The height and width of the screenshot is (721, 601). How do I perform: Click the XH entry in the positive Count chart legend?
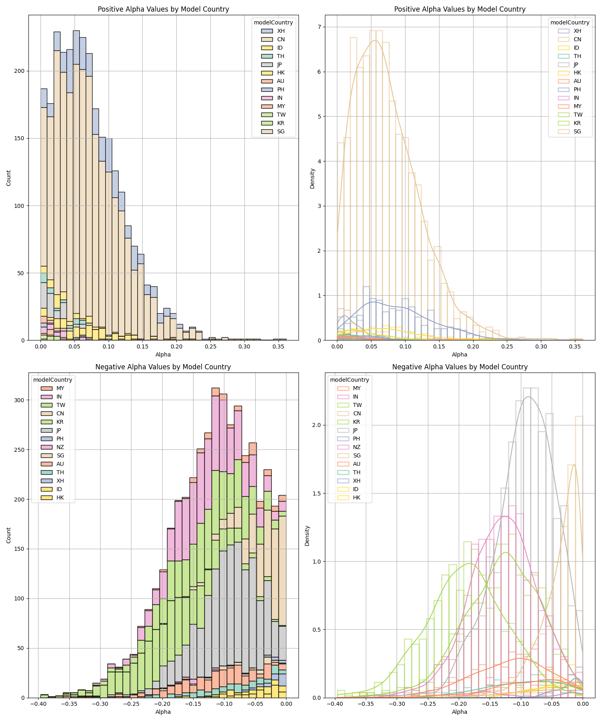[x=280, y=31]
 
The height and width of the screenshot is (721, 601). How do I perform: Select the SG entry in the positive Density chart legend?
[x=577, y=131]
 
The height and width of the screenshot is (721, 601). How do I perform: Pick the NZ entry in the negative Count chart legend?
[x=60, y=447]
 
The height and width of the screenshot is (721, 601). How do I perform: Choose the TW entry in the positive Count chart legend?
[x=280, y=115]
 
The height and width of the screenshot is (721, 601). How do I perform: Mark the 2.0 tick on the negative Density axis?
[x=317, y=425]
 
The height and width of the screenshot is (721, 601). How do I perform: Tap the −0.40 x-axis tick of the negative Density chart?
[x=334, y=703]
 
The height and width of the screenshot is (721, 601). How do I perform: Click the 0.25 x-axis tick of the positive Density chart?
[x=507, y=346]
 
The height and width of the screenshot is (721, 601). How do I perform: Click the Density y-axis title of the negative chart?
[x=307, y=536]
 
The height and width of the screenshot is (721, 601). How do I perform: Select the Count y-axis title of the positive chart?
[x=9, y=178]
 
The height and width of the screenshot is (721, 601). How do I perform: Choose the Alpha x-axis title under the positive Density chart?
[x=460, y=354]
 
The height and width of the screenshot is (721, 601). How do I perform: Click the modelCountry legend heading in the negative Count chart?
[x=52, y=380]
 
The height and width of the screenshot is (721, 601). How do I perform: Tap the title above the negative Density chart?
[x=460, y=367]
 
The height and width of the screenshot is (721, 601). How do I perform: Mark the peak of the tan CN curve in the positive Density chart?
[x=375, y=40]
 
